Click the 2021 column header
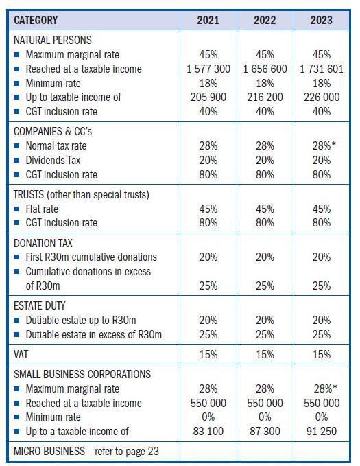[208, 20]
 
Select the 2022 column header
[265, 20]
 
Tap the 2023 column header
[321, 20]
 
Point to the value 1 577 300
[208, 69]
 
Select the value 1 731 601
[321, 69]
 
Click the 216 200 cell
[265, 97]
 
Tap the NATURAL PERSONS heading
[52, 40]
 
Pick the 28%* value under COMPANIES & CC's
[322, 145]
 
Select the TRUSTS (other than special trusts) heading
[81, 194]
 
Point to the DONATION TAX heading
[43, 243]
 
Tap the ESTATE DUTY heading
[40, 305]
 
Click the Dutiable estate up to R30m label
[81, 320]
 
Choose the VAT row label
[22, 354]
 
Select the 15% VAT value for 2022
[265, 354]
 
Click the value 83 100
[208, 431]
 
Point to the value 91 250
[321, 431]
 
